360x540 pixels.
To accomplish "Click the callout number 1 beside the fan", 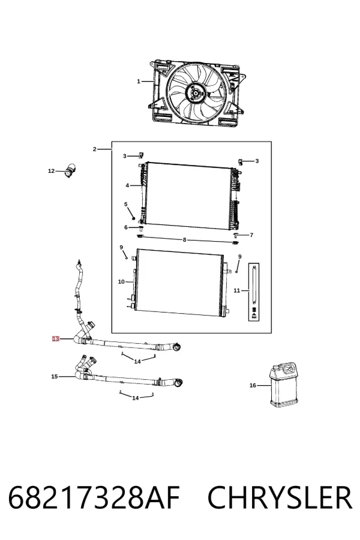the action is pyautogui.click(x=139, y=81).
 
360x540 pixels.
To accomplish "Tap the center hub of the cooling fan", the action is pyautogui.click(x=196, y=92).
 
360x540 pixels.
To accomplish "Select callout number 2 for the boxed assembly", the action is pyautogui.click(x=94, y=149).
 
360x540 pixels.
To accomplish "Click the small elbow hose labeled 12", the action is pyautogui.click(x=71, y=170).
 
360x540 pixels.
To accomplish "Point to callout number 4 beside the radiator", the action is pyautogui.click(x=127, y=185).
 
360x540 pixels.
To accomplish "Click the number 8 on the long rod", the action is pyautogui.click(x=184, y=239).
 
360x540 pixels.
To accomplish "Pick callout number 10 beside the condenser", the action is pyautogui.click(x=121, y=282).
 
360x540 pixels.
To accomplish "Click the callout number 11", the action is pyautogui.click(x=236, y=290).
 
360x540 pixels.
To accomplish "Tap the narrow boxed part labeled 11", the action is pyautogui.click(x=254, y=292).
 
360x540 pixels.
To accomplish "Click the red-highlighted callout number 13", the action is pyautogui.click(x=55, y=339).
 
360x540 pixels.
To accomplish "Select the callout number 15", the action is pyautogui.click(x=55, y=376).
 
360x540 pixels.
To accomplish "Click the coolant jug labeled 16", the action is pyautogui.click(x=284, y=385).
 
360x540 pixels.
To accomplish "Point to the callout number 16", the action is pyautogui.click(x=253, y=385).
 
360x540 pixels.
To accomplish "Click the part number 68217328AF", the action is pyautogui.click(x=94, y=497).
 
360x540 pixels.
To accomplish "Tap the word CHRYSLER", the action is pyautogui.click(x=280, y=497).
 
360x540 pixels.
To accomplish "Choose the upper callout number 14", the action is pyautogui.click(x=137, y=361).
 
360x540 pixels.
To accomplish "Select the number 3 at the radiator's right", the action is pyautogui.click(x=257, y=161).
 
